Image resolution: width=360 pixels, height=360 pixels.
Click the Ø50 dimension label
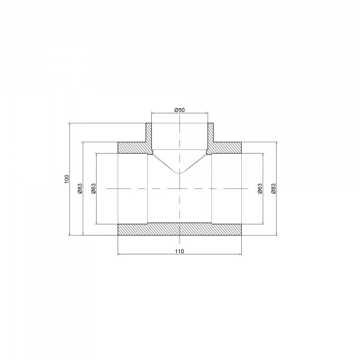pyautogui.click(x=179, y=110)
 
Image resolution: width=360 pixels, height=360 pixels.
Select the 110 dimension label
pyautogui.click(x=179, y=251)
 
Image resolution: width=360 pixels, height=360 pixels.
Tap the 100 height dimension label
pyautogui.click(x=67, y=179)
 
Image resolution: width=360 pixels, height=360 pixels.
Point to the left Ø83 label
pyautogui.click(x=80, y=188)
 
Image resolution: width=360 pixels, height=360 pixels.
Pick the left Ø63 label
pyautogui.click(x=94, y=188)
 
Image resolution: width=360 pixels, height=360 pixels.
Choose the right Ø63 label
pyautogui.click(x=260, y=188)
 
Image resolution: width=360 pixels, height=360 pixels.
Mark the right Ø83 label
pyautogui.click(x=273, y=188)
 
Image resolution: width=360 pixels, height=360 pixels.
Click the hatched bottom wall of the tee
pyautogui.click(x=179, y=229)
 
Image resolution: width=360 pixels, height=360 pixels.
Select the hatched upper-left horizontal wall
pyautogui.click(x=133, y=148)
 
